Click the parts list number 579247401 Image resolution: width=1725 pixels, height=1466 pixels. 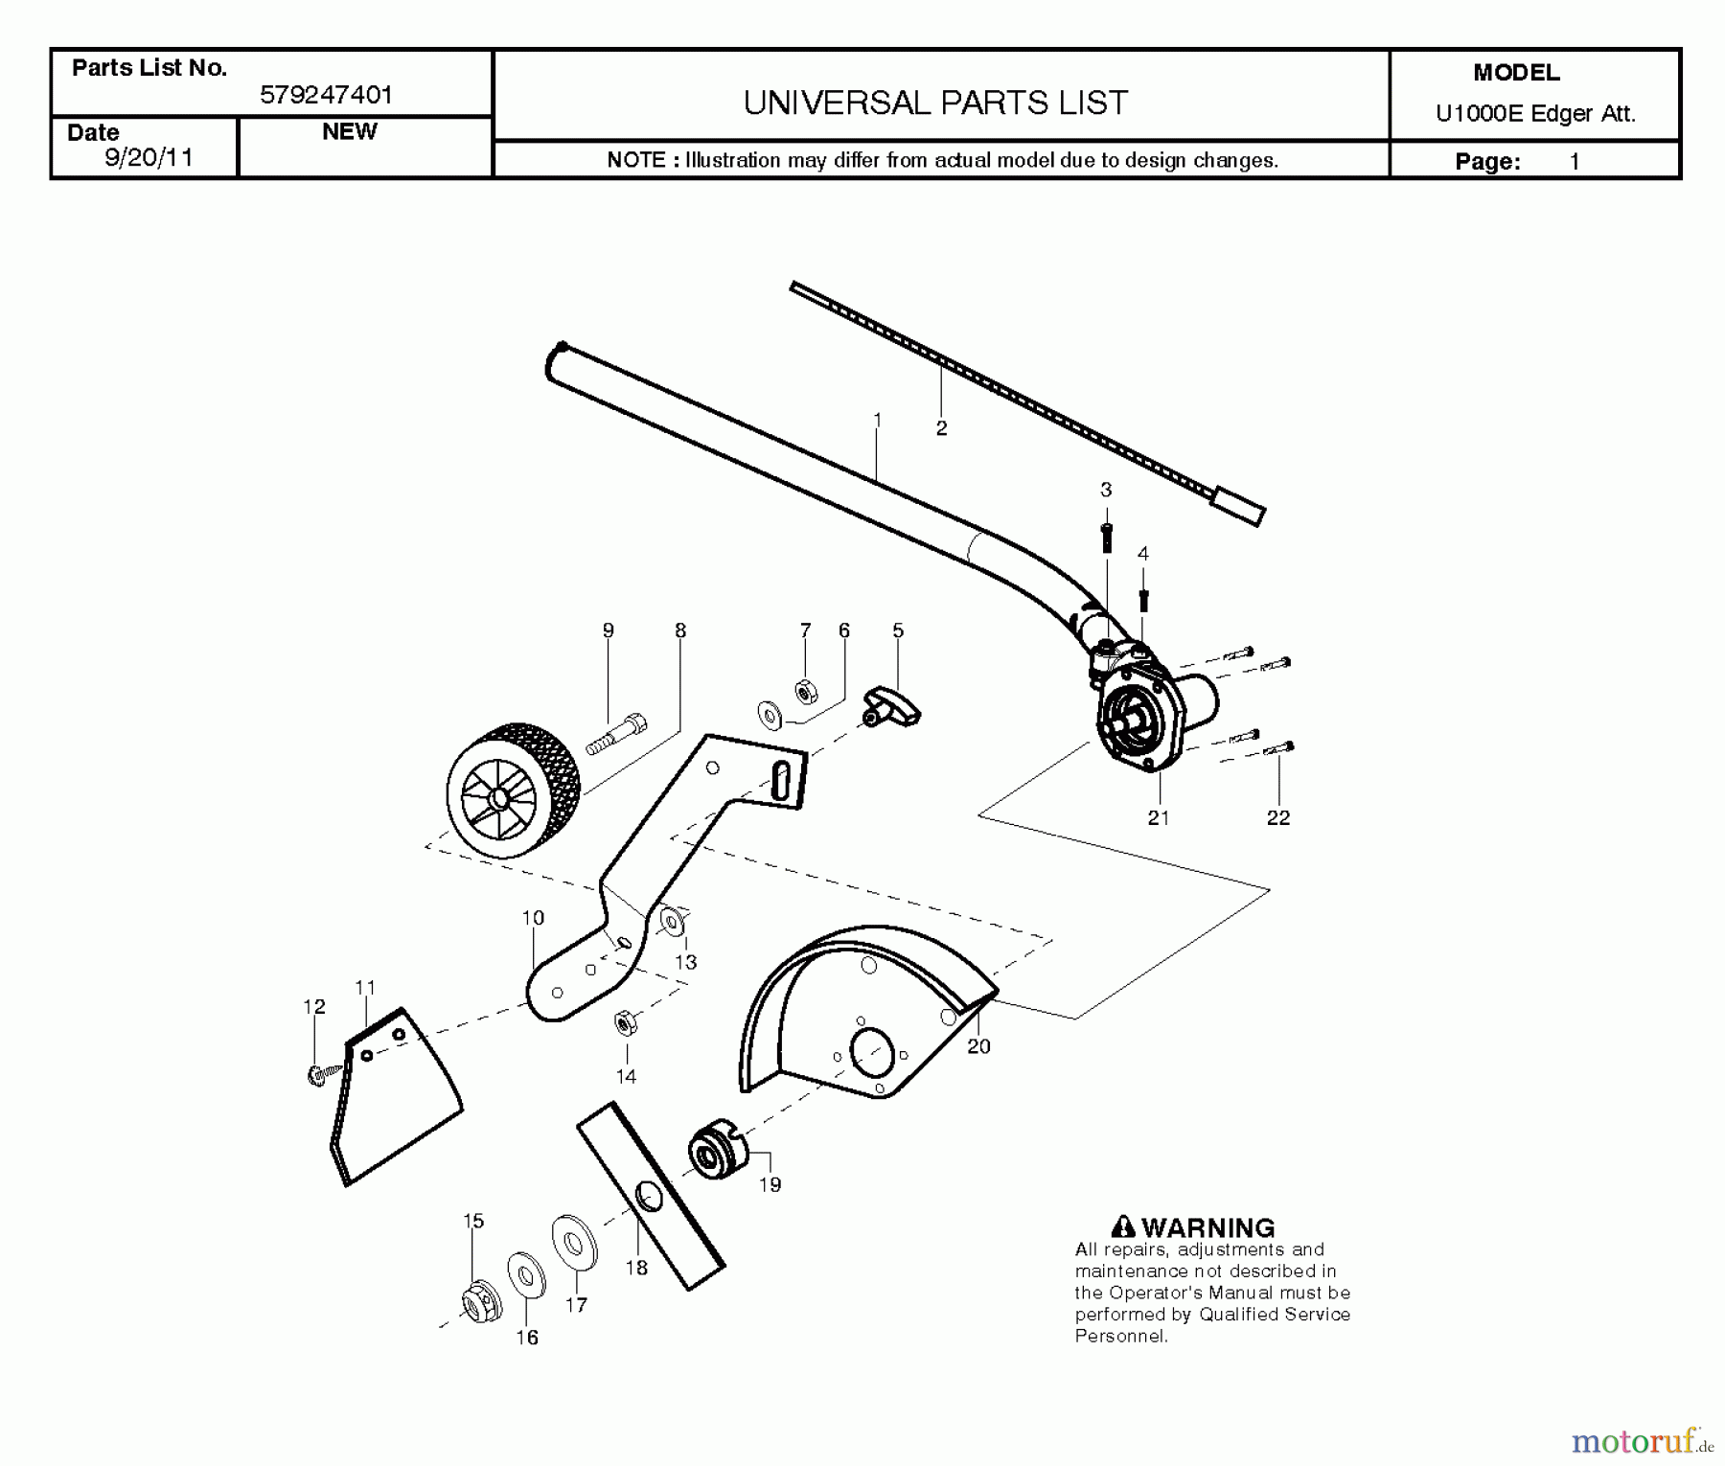(326, 95)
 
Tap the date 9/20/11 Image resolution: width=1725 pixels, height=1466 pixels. (149, 158)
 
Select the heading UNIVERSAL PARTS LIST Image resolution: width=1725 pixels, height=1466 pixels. (935, 103)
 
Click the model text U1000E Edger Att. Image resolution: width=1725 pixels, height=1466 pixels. (1535, 114)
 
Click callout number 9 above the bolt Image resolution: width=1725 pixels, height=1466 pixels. (608, 630)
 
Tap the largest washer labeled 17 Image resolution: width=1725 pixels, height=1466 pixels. (574, 1244)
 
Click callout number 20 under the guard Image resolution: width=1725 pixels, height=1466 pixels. (978, 1046)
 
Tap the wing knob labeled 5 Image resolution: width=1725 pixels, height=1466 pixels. (892, 707)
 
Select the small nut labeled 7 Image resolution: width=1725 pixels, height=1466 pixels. (806, 690)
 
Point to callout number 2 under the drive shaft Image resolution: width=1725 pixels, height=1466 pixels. (941, 428)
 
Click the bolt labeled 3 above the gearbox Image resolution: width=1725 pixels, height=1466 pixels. (1106, 536)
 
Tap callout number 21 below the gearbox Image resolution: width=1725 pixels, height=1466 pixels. (1159, 817)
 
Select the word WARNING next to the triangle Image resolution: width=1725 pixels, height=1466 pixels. (1207, 1227)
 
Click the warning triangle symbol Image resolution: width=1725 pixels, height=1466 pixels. (1123, 1226)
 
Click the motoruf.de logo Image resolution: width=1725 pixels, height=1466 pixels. (1642, 1440)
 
